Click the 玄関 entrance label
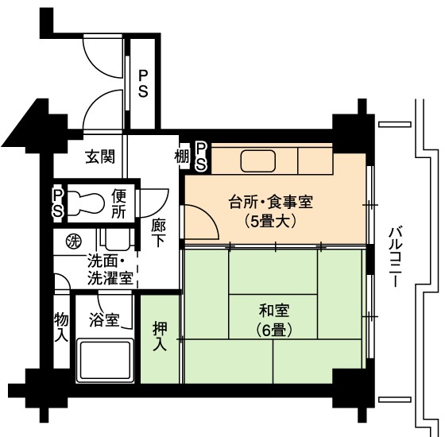tap(100, 157)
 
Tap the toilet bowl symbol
tap(86, 203)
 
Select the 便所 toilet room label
tap(118, 203)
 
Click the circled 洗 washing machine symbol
tap(73, 242)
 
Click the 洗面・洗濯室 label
tap(110, 270)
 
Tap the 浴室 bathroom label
tap(104, 319)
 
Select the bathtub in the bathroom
tap(105, 361)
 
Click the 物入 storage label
tap(61, 327)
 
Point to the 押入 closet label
tap(160, 337)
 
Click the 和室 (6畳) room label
tap(274, 320)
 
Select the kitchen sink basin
tap(258, 160)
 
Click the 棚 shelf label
tap(182, 157)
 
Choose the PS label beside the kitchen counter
tap(200, 157)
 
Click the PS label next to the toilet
tap(57, 203)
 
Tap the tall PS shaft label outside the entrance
tap(143, 84)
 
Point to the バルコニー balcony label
tap(396, 257)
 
